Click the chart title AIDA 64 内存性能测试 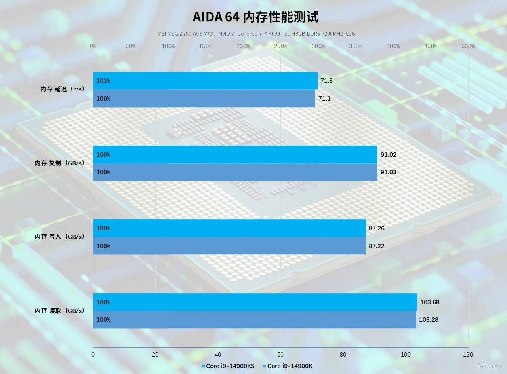tap(255, 17)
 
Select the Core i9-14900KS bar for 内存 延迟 tap(205, 81)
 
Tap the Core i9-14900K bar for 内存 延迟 tap(204, 99)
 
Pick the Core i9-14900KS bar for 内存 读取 tap(255, 302)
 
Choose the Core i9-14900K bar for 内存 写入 tap(229, 246)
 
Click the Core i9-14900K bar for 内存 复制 tap(235, 172)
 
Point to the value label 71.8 tap(326, 81)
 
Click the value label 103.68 tap(430, 302)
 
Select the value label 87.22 tap(376, 246)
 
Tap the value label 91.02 tap(388, 155)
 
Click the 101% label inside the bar tap(103, 81)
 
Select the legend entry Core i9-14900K tap(287, 366)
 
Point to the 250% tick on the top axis tap(280, 46)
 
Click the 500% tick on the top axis tap(468, 46)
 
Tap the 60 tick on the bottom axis tap(280, 355)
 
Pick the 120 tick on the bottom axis tap(468, 355)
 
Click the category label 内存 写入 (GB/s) tap(59, 237)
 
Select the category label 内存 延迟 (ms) tap(62, 89)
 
